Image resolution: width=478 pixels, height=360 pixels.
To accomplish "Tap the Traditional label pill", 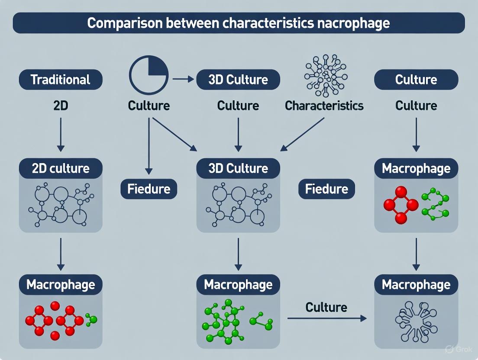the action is point(61,80).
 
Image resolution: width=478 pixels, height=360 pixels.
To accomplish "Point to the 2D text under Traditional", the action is point(61,105).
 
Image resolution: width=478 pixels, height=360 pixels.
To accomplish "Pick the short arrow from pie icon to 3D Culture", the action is point(182,79).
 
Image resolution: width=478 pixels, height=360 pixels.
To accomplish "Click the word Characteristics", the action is point(324,106).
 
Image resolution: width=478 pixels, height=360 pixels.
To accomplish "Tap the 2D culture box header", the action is point(61,168).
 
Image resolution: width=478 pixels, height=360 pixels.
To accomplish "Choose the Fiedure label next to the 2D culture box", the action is point(149,189).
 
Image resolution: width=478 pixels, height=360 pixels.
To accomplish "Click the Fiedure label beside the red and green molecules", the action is point(326,189).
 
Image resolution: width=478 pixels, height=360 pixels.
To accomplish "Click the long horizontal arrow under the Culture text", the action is point(326,318).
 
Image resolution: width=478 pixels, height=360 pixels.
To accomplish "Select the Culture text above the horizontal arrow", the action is point(326,307).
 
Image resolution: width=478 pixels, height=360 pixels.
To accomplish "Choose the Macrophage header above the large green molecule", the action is point(238,285).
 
